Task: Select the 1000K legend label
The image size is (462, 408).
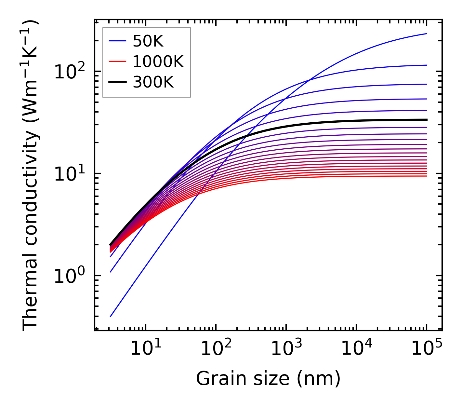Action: (158, 61)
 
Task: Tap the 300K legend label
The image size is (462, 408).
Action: (153, 82)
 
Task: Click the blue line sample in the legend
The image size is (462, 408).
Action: (117, 41)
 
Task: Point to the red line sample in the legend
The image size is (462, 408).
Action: (117, 61)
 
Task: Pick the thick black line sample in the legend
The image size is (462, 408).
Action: (117, 82)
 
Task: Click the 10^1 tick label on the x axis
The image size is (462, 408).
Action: (146, 349)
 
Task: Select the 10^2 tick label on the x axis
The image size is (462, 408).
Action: (216, 349)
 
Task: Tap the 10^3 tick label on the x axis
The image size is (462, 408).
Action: (286, 349)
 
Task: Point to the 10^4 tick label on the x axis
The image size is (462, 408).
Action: (356, 349)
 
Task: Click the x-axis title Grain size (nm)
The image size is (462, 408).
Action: (268, 379)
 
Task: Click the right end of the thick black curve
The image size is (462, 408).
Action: (426, 120)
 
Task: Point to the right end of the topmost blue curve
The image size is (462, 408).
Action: (426, 34)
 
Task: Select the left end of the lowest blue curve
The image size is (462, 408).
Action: (111, 316)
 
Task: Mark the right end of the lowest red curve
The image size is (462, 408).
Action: (426, 176)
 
